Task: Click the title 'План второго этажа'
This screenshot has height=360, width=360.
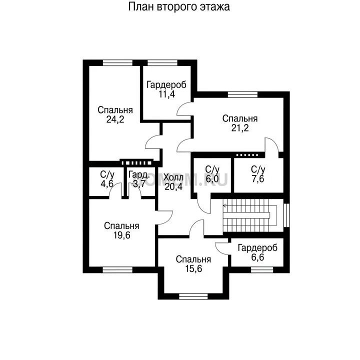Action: click(179, 7)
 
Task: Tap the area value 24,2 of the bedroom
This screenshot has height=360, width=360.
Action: click(115, 119)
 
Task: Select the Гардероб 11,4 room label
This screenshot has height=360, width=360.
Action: click(166, 89)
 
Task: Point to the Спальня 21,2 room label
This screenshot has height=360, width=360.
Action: click(240, 123)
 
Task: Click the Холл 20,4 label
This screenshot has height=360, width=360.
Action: click(173, 182)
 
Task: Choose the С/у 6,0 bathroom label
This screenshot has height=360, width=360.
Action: click(212, 174)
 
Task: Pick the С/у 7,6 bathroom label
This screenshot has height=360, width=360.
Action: click(258, 174)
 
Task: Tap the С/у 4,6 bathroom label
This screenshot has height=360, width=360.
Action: click(107, 179)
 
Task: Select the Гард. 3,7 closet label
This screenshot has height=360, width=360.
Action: click(139, 179)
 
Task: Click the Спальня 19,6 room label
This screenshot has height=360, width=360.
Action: click(121, 230)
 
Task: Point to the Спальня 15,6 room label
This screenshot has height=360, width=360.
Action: click(193, 264)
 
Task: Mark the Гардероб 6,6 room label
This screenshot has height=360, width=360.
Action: click(257, 252)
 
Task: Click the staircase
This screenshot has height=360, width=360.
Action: click(250, 215)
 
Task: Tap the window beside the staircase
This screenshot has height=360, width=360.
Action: click(286, 215)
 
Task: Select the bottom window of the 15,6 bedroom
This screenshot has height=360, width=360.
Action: click(193, 296)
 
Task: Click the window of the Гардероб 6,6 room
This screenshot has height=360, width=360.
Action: click(262, 270)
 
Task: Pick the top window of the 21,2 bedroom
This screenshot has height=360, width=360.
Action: click(242, 94)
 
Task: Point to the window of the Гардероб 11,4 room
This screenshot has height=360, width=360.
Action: click(162, 62)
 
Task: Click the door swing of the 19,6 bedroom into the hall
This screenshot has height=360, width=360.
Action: click(165, 217)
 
